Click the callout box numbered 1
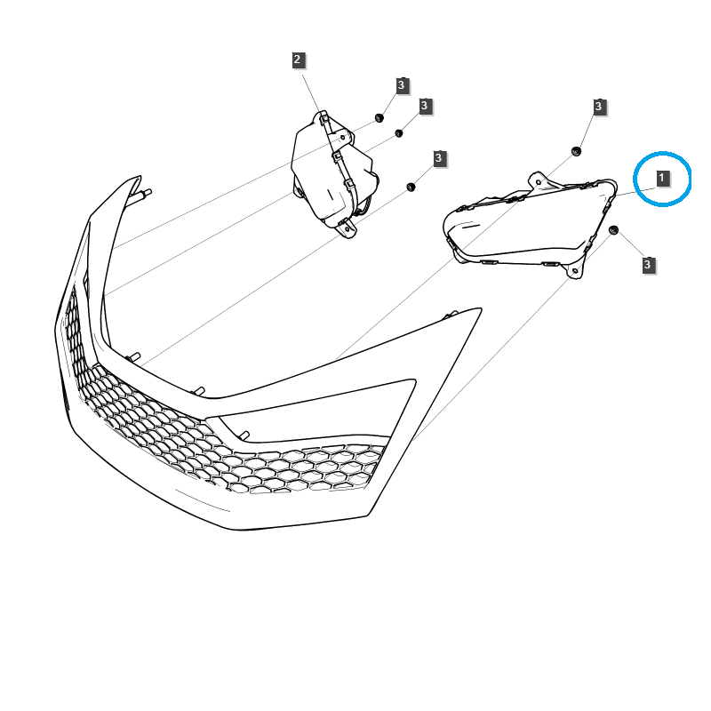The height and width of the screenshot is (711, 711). [x=662, y=178]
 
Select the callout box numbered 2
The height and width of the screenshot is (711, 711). [x=298, y=60]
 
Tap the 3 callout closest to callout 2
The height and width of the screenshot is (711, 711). [x=402, y=84]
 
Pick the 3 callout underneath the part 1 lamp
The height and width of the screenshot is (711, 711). [x=648, y=264]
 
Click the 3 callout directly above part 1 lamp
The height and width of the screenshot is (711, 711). [x=599, y=107]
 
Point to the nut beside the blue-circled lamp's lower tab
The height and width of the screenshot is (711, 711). [x=613, y=230]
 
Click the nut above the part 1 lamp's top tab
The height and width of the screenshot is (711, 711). [x=576, y=151]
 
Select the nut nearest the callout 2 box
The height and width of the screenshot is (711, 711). [x=379, y=118]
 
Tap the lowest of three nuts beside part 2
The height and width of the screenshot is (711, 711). [x=411, y=187]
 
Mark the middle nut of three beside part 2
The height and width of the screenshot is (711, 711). [x=399, y=133]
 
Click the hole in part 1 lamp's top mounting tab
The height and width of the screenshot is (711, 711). [x=539, y=182]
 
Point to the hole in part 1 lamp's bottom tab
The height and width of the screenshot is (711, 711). [x=575, y=271]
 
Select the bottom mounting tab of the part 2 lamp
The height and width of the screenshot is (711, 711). [x=348, y=228]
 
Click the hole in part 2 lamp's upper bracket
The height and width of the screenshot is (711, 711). [x=343, y=136]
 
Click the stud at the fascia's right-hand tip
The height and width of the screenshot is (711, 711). [x=451, y=315]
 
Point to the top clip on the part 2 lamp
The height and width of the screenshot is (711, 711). [x=324, y=118]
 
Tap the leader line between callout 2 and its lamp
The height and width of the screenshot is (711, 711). [x=311, y=93]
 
